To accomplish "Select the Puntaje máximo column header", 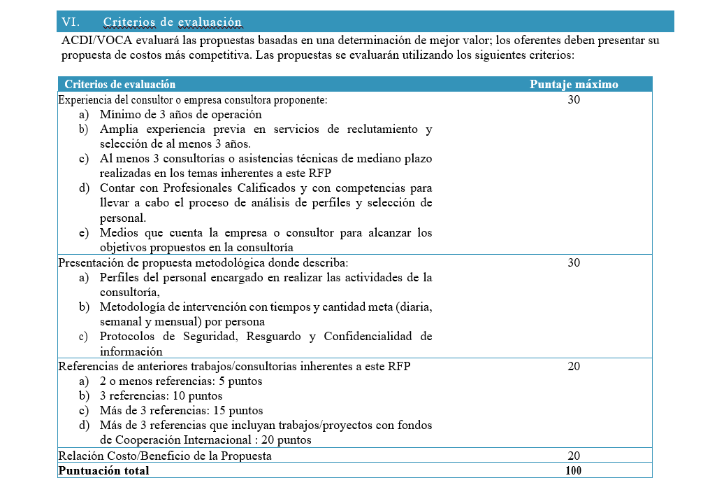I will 574,85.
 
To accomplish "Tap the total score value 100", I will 574,471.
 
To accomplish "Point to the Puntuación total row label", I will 104,471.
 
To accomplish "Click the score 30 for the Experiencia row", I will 574,100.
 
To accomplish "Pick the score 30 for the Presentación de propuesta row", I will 574,263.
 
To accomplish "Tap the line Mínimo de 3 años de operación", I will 180,115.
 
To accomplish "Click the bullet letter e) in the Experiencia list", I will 84,233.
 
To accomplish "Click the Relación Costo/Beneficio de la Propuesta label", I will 165,456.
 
